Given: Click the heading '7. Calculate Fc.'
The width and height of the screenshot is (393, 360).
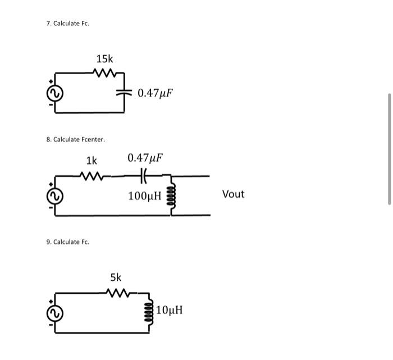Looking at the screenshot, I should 67,23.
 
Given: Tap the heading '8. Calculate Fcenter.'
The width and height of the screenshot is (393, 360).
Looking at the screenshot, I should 75,139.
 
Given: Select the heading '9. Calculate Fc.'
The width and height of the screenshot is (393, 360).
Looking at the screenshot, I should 67,242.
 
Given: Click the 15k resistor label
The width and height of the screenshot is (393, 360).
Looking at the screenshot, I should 104,59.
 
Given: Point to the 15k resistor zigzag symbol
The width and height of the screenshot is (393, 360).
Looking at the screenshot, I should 104,73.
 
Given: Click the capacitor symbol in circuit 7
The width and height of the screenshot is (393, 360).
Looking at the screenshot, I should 124,93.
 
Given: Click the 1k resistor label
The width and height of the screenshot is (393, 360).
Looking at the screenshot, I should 92,161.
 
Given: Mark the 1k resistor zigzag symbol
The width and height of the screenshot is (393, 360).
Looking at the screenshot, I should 92,176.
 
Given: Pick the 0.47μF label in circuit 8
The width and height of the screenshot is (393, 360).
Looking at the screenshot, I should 145,158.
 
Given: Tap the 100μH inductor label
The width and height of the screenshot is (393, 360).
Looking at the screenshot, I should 144,197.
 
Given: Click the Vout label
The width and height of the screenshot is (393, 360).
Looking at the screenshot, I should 233,194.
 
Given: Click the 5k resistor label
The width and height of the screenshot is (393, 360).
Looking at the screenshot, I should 116,277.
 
